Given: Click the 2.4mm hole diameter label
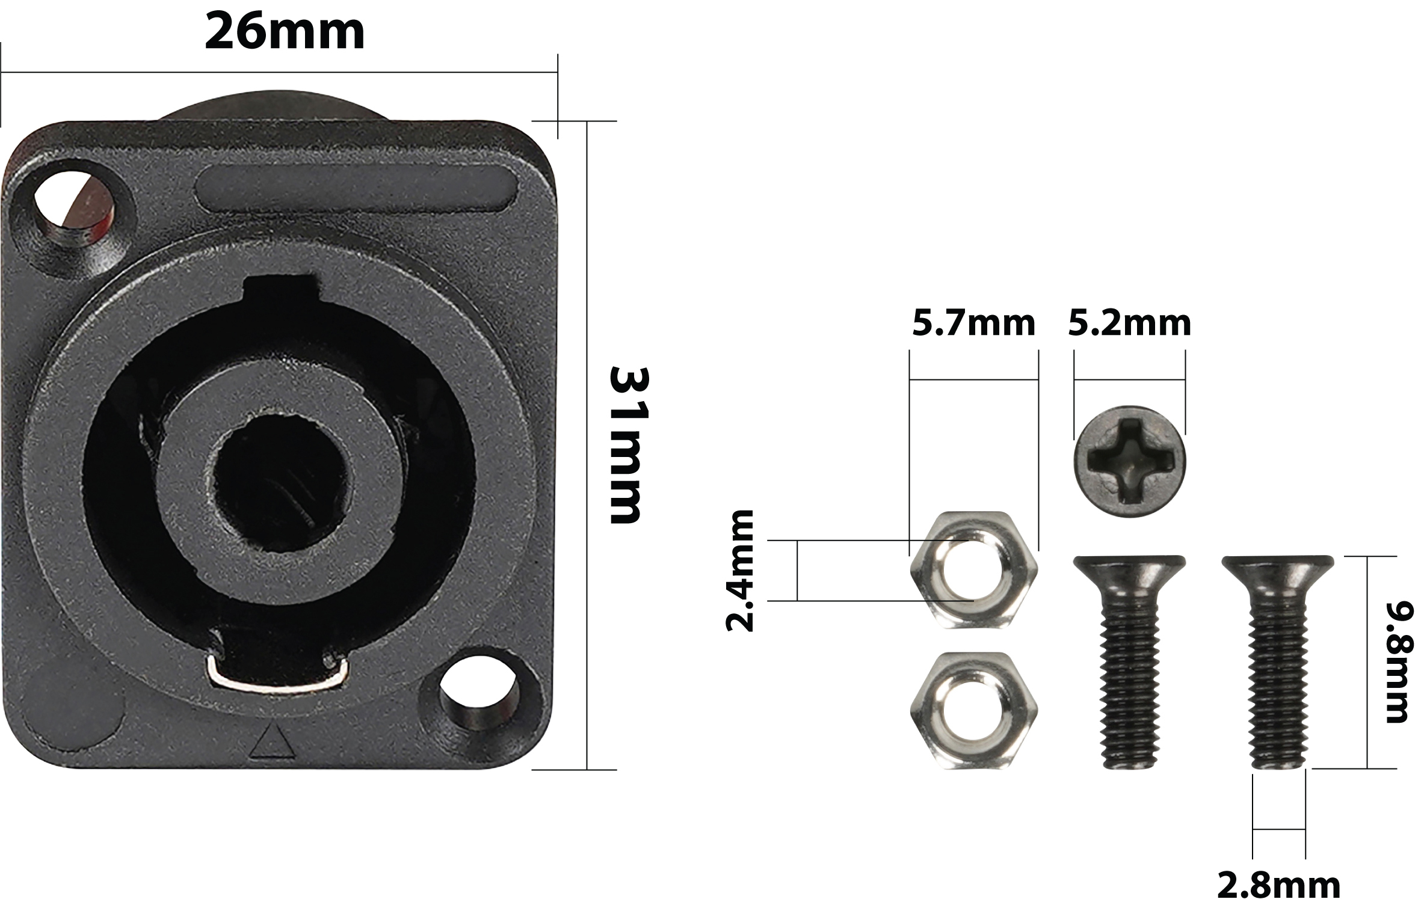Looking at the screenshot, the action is pyautogui.click(x=739, y=570).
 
